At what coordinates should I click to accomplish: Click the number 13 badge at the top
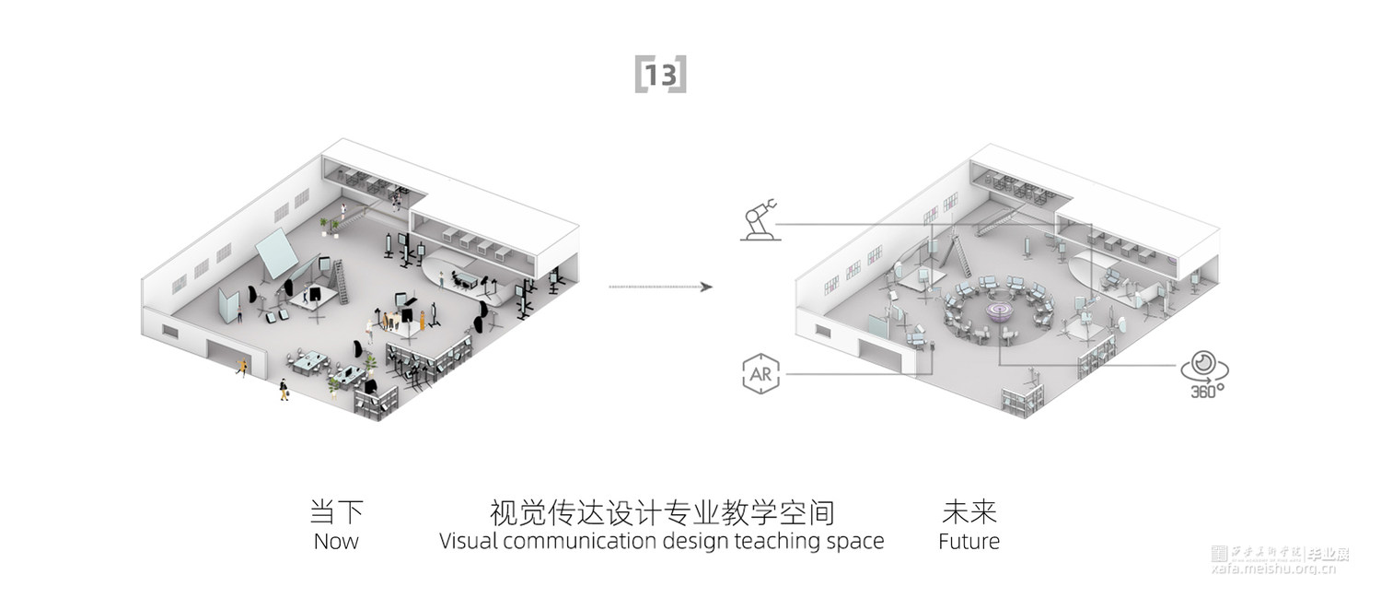pyautogui.click(x=660, y=75)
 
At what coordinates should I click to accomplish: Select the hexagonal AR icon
pyautogui.click(x=760, y=373)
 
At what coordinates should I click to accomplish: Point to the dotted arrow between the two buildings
pyautogui.click(x=660, y=287)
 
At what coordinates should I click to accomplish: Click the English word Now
pyautogui.click(x=336, y=541)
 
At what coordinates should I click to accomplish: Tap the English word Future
pyautogui.click(x=969, y=541)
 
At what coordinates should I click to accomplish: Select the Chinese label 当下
pyautogui.click(x=336, y=512)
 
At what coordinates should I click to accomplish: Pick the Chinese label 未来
pyautogui.click(x=969, y=512)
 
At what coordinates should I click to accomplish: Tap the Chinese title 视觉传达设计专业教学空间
pyautogui.click(x=662, y=512)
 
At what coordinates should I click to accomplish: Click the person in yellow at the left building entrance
pyautogui.click(x=242, y=367)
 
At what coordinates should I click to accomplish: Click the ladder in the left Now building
pyautogui.click(x=342, y=281)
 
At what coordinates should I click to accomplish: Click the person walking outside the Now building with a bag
pyautogui.click(x=284, y=391)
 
